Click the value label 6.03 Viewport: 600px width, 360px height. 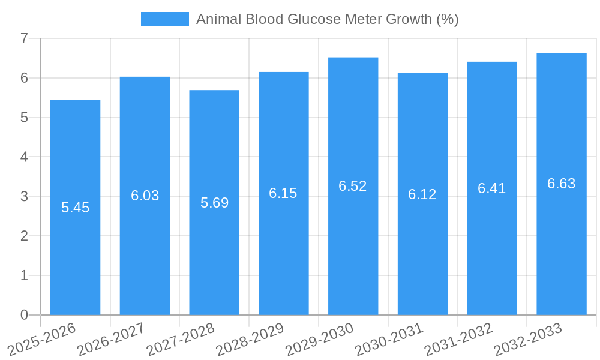point(145,196)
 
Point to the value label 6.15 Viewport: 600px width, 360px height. point(283,193)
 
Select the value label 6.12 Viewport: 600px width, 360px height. point(422,194)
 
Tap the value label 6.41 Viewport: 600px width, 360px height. point(492,188)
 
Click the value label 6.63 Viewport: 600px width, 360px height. point(562,184)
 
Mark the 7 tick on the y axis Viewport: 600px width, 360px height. point(25,38)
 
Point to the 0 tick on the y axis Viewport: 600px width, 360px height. point(25,315)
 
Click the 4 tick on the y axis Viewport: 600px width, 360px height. point(25,157)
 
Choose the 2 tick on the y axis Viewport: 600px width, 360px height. point(25,236)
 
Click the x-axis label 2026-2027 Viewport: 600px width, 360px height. point(112,338)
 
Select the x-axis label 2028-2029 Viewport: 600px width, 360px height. point(250,338)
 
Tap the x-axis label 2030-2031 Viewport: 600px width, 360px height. point(389,338)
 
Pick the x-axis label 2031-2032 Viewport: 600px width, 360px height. point(459,338)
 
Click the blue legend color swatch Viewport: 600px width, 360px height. point(164,19)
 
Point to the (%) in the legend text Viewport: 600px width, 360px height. point(448,19)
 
